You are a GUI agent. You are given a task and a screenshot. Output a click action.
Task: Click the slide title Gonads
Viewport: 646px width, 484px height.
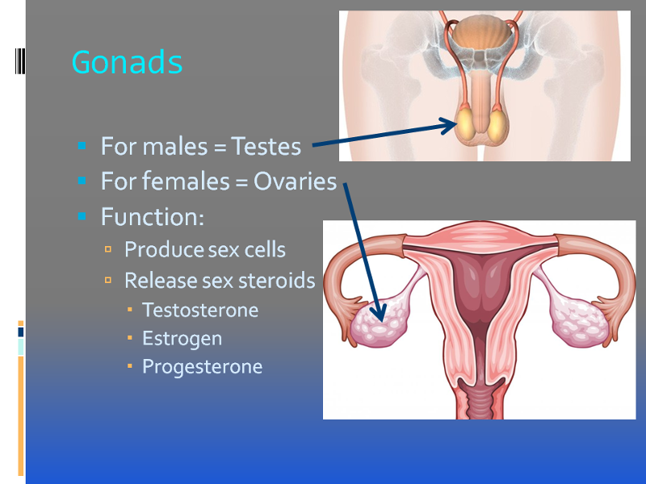(127, 62)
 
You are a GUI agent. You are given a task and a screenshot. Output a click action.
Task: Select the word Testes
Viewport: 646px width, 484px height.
(266, 146)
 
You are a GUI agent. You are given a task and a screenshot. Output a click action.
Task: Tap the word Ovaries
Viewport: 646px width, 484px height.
(295, 181)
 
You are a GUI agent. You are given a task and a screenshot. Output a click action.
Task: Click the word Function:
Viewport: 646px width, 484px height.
(153, 216)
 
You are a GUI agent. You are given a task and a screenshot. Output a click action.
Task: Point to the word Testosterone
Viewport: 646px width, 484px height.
(200, 310)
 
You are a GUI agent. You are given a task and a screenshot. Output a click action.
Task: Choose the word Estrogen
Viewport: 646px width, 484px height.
(182, 339)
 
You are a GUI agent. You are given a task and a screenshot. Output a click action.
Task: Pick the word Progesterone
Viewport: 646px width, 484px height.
(203, 367)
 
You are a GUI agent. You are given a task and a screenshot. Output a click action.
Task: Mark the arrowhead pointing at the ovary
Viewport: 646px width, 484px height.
(378, 313)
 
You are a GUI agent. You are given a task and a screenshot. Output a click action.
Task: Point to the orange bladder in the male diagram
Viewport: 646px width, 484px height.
(480, 32)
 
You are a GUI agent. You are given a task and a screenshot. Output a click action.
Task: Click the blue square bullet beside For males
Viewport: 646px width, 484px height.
(82, 145)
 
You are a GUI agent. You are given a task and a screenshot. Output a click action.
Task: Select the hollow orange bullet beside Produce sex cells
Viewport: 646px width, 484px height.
(108, 249)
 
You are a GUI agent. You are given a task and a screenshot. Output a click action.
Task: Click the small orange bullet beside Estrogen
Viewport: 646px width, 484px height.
(130, 338)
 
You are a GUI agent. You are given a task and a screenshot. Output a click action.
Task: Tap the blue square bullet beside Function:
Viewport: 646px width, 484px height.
(82, 216)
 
